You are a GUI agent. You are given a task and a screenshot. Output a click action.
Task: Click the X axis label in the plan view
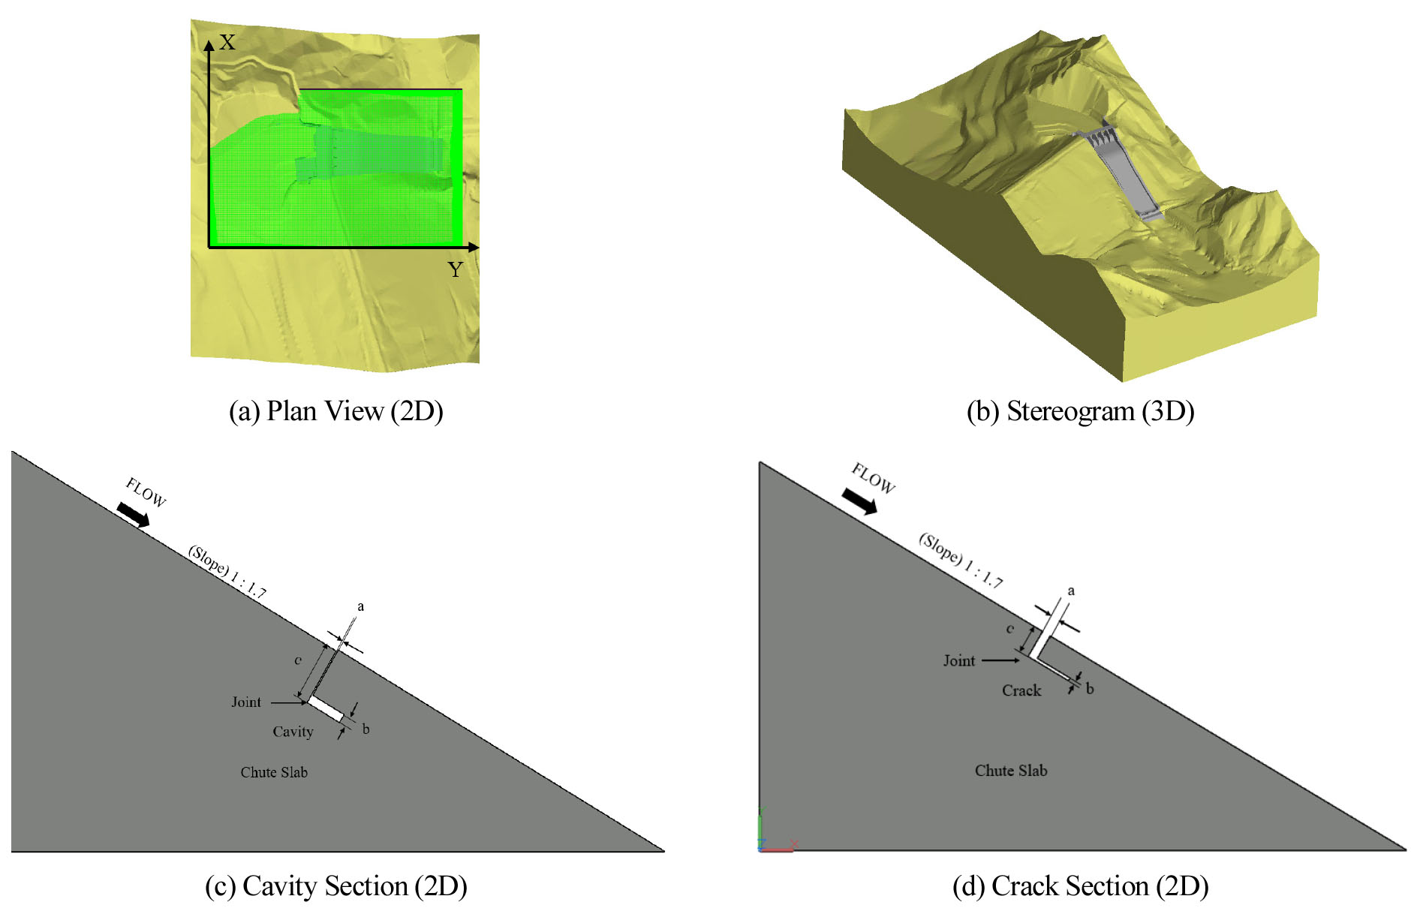[227, 43]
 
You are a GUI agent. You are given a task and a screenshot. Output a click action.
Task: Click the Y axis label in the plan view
[456, 269]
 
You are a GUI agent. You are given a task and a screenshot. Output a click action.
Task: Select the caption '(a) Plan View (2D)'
[336, 411]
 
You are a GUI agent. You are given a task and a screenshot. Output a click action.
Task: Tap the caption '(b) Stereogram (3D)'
[1081, 411]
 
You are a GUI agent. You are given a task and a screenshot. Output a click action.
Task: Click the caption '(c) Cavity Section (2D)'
[336, 886]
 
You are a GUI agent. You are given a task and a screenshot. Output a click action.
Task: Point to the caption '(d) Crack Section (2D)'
[1081, 886]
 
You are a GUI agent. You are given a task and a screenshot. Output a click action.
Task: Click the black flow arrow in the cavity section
[133, 515]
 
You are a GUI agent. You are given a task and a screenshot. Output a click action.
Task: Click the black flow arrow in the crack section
[859, 501]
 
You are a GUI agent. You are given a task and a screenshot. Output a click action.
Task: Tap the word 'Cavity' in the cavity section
[293, 732]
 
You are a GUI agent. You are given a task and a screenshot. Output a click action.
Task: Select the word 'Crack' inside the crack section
[1021, 690]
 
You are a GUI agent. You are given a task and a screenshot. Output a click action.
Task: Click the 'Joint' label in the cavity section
[246, 702]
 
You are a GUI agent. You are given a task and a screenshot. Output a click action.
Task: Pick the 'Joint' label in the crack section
[959, 660]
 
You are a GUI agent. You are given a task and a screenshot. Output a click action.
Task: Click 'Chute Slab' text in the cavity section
[274, 772]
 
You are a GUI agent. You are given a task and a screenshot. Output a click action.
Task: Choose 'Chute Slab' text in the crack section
[1011, 771]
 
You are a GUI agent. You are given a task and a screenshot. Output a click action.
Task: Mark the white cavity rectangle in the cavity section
[326, 709]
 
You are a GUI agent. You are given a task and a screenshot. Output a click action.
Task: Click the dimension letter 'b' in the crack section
[1090, 688]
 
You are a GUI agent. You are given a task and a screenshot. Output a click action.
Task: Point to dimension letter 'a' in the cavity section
[361, 606]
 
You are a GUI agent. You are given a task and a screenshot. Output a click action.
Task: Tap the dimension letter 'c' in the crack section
[1010, 629]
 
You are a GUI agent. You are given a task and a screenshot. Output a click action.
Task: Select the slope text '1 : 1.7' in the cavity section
[248, 585]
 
